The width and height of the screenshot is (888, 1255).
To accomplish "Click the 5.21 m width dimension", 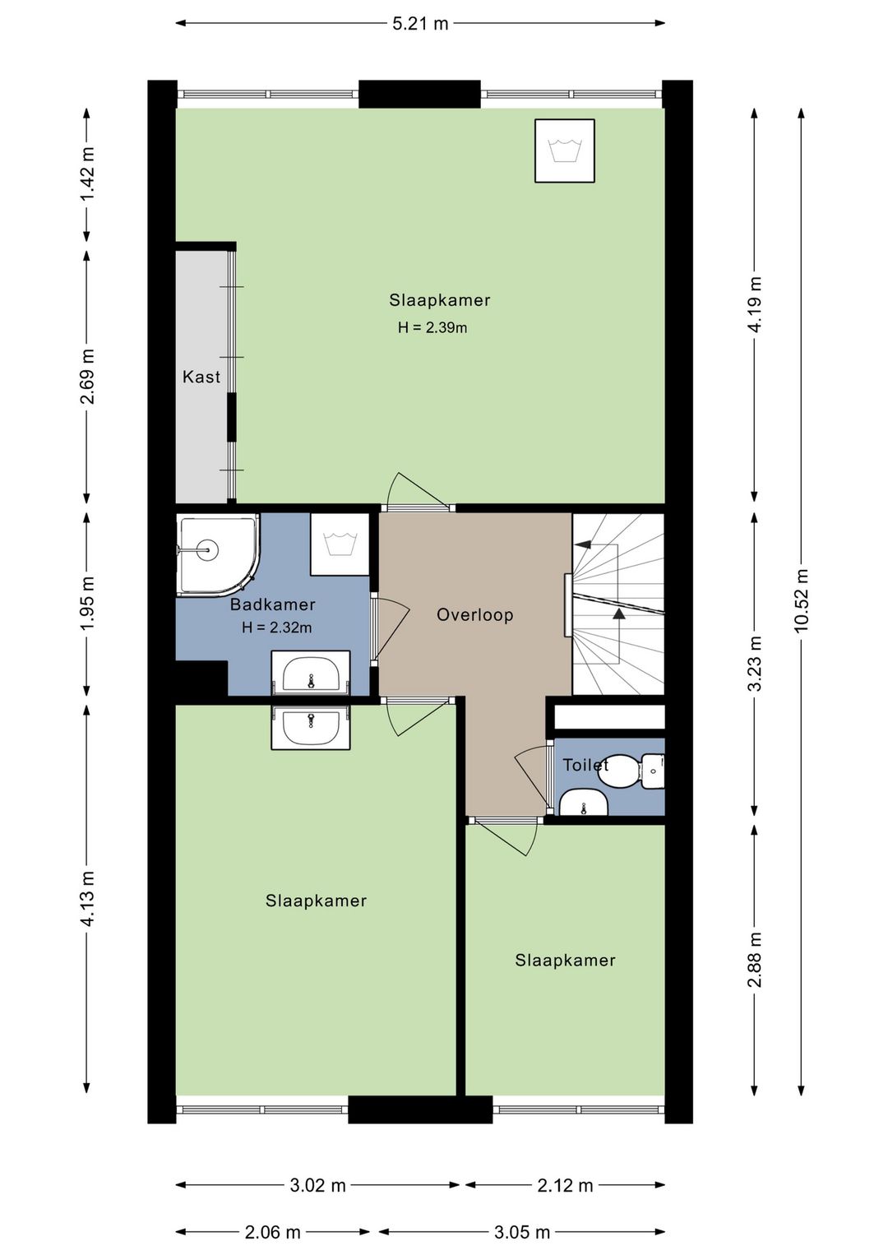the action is [420, 24].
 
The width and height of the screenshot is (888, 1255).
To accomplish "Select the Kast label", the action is [201, 377].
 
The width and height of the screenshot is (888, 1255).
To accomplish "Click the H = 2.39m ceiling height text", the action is [432, 328].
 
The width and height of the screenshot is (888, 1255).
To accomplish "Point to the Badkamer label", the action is [273, 604].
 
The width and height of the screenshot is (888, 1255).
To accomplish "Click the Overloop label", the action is [475, 614].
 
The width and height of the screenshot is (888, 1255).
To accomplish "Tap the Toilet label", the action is [585, 765].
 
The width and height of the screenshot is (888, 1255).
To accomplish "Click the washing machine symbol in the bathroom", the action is [340, 544].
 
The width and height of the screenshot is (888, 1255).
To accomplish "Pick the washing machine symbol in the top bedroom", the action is [565, 151].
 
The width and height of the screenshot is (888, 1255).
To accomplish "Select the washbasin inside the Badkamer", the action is [311, 673].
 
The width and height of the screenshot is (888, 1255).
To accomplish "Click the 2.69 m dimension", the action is [87, 377].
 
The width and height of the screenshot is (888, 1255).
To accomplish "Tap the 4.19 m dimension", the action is [755, 305].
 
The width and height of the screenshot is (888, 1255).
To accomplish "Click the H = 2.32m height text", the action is [277, 627].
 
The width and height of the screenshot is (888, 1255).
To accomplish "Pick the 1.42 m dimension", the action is [87, 174].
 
